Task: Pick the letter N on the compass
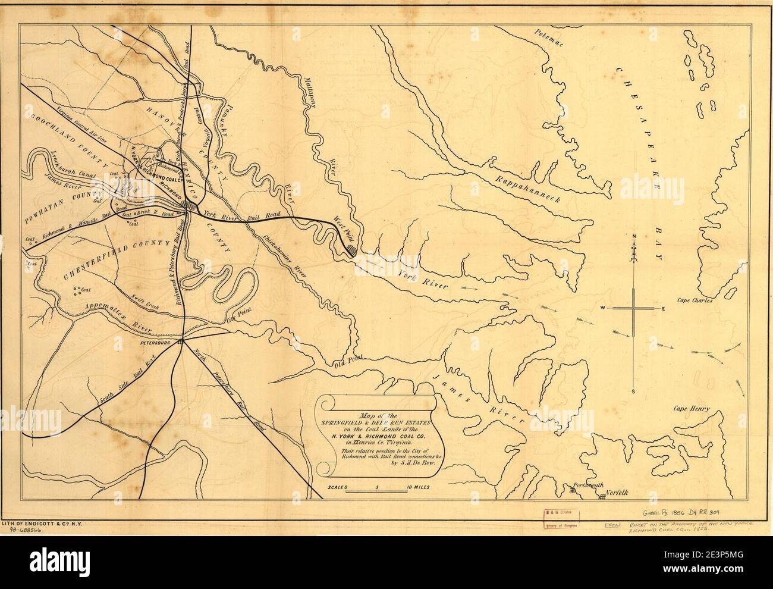click(x=634, y=237)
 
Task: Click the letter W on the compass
click(x=602, y=308)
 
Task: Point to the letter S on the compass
click(x=634, y=391)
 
